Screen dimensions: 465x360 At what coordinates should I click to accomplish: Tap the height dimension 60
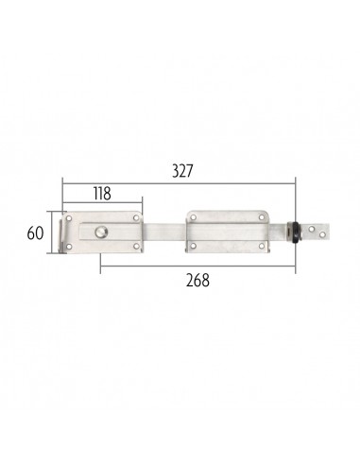coord(34,232)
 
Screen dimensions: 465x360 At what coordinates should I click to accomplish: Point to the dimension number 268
coord(197,280)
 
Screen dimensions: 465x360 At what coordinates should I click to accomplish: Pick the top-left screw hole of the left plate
coord(78,219)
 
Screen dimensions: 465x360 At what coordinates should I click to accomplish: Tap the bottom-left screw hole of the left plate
coord(78,249)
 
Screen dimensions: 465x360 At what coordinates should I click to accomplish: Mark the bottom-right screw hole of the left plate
coord(139,248)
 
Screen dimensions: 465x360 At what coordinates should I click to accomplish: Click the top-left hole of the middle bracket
coord(194,218)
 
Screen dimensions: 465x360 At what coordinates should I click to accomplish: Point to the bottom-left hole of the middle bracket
coord(194,247)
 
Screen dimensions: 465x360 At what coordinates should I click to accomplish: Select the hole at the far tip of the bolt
coord(326,232)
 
